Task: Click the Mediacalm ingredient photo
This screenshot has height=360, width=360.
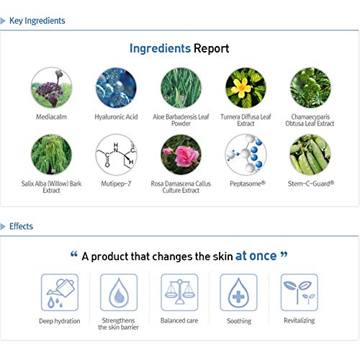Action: (x=51, y=87)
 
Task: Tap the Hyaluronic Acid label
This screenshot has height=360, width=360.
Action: (x=116, y=117)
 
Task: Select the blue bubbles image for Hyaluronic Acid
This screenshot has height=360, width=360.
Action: (x=116, y=87)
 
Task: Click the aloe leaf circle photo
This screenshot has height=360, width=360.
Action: (x=181, y=87)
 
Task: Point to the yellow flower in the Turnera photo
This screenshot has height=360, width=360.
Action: (x=241, y=88)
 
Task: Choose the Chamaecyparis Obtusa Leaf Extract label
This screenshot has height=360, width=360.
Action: (x=310, y=120)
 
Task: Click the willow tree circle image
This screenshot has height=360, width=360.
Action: (x=51, y=154)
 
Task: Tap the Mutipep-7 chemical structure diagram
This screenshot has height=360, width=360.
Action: (x=116, y=154)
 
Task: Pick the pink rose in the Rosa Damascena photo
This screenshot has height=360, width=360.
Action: (x=186, y=156)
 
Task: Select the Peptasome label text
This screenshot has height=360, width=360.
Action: (x=248, y=184)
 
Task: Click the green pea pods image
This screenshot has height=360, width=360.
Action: (x=310, y=154)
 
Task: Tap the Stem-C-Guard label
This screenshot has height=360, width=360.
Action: (x=311, y=184)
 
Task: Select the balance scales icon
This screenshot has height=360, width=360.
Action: (x=179, y=292)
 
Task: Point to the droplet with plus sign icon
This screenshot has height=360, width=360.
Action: (x=238, y=292)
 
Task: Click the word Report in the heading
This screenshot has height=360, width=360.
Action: (x=211, y=49)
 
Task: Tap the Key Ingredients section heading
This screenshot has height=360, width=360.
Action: (x=37, y=21)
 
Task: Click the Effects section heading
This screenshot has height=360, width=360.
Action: (x=21, y=226)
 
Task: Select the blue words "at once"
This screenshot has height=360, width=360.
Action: (x=256, y=256)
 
